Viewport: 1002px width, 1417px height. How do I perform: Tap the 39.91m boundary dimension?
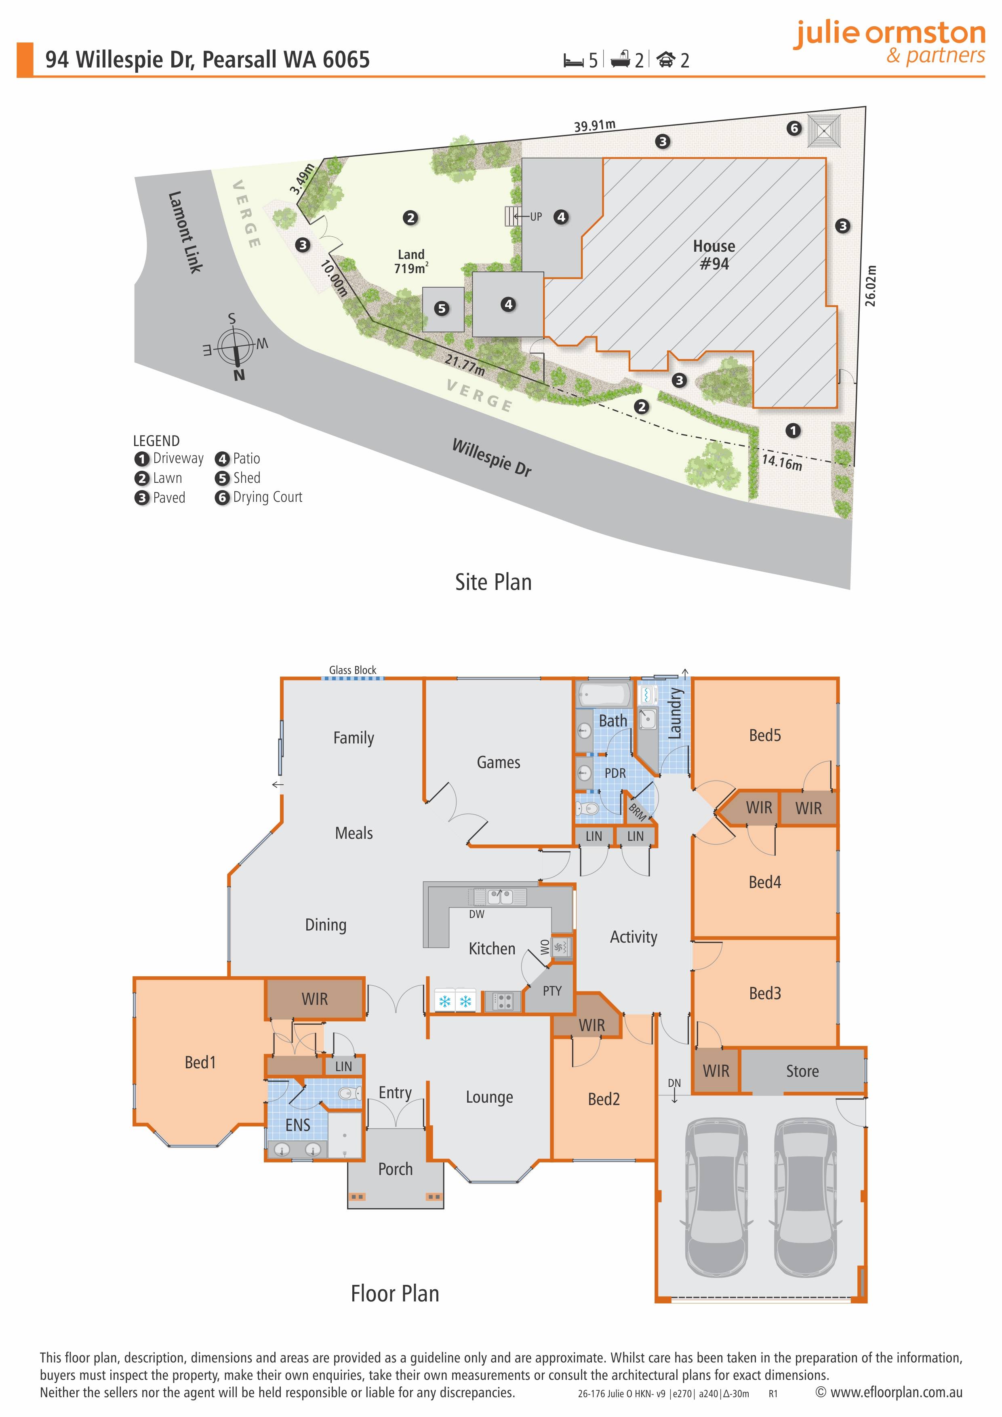tap(595, 125)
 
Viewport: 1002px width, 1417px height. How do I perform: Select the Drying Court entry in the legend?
tap(259, 497)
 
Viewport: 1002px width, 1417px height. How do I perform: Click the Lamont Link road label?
tap(185, 232)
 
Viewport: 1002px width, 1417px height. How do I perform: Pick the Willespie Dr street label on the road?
tap(492, 457)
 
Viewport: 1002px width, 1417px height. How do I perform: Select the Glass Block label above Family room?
tap(352, 670)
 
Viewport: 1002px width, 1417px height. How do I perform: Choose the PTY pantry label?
tap(552, 991)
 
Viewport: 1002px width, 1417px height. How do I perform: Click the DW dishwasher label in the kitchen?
tap(477, 914)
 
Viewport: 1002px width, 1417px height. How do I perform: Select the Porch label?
tap(396, 1169)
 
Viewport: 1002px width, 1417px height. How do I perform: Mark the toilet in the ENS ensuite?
tap(349, 1094)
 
